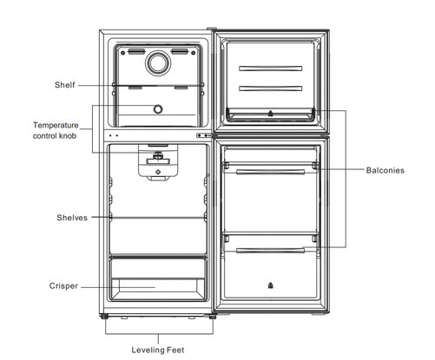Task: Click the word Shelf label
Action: click(64, 85)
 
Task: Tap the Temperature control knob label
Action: click(56, 130)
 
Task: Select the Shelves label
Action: click(72, 218)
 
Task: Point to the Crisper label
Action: click(63, 286)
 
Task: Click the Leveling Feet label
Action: click(158, 350)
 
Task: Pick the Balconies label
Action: click(385, 170)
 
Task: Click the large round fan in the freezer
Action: click(158, 63)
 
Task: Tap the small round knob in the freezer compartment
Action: click(158, 109)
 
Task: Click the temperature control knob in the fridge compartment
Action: click(158, 156)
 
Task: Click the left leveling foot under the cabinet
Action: click(104, 317)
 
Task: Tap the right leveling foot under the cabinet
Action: click(213, 317)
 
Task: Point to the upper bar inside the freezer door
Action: click(271, 69)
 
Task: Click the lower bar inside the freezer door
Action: click(271, 88)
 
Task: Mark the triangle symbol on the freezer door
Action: click(270, 113)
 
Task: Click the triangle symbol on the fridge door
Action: click(270, 285)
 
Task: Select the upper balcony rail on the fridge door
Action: click(270, 172)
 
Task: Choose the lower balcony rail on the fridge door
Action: click(270, 251)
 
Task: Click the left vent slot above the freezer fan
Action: click(136, 52)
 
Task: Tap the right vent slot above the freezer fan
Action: click(180, 52)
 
